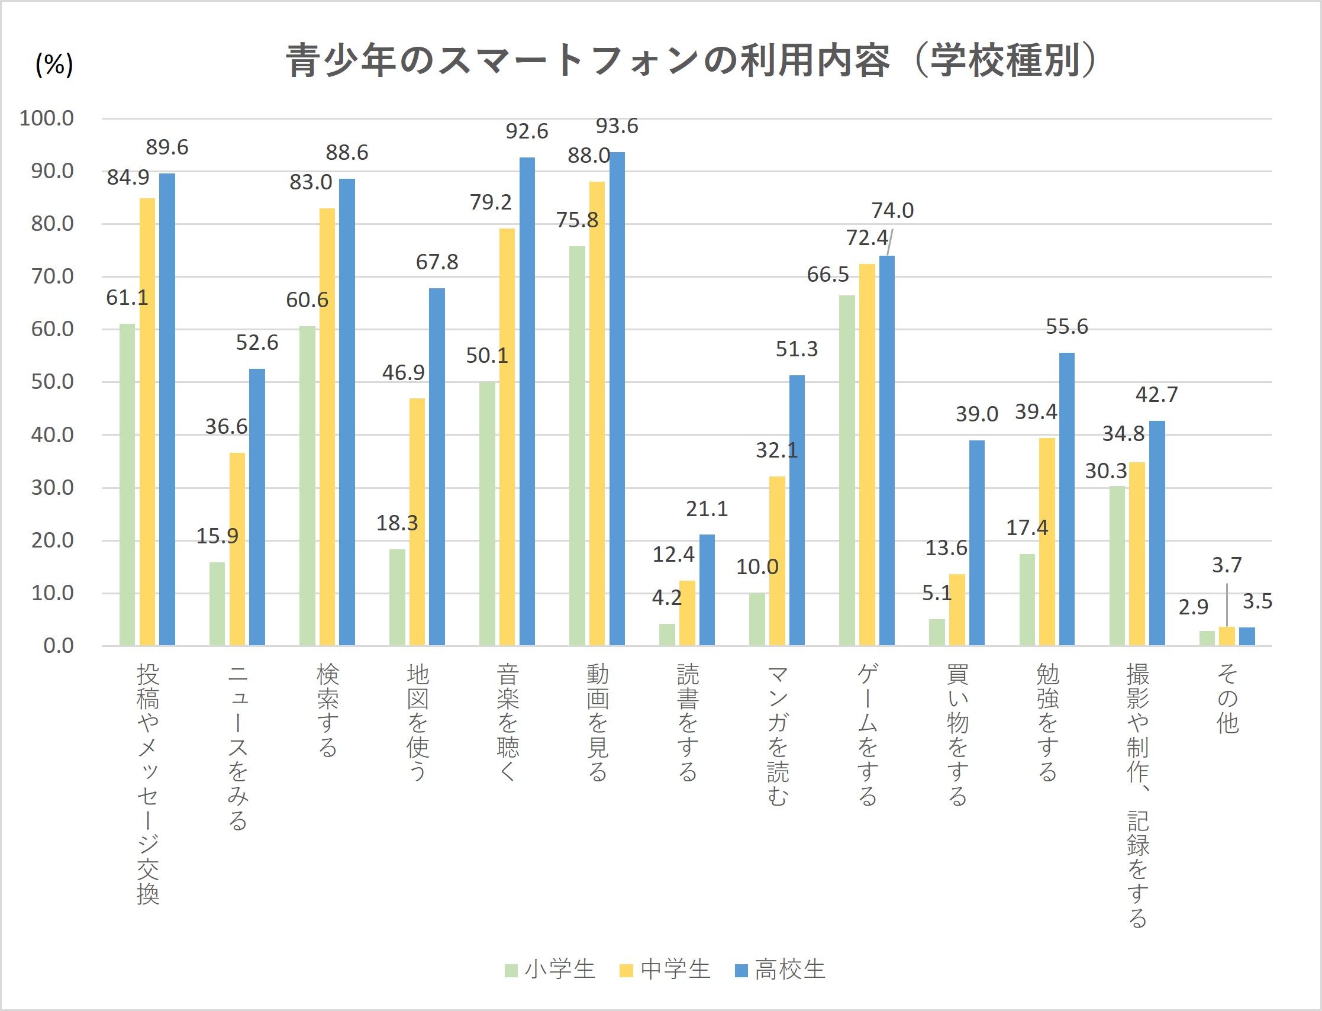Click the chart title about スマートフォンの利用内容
click(x=692, y=60)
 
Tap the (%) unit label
click(x=54, y=64)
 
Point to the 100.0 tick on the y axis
click(x=47, y=118)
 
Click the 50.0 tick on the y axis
click(x=52, y=382)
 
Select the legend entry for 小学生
click(x=550, y=970)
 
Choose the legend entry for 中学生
click(x=665, y=970)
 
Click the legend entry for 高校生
click(x=780, y=970)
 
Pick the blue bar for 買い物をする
click(x=977, y=542)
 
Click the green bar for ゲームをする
click(x=847, y=470)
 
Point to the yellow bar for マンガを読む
click(x=777, y=561)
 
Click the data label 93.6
click(x=617, y=125)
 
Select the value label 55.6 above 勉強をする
click(x=1067, y=327)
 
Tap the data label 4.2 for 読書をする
click(x=666, y=598)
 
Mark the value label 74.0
click(x=892, y=211)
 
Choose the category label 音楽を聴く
click(x=508, y=722)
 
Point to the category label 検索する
click(x=327, y=710)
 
